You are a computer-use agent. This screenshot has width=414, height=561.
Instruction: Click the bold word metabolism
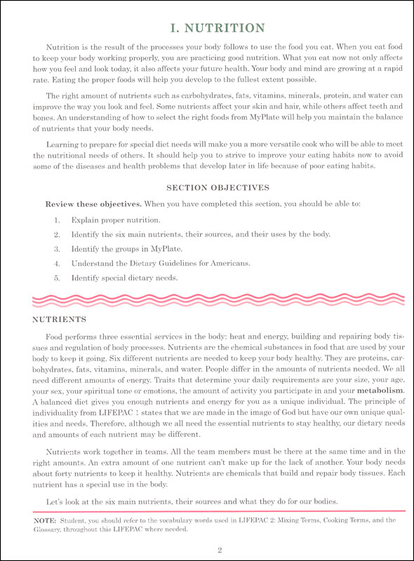(382, 389)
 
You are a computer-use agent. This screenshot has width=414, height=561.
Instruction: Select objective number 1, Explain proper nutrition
(113, 219)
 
